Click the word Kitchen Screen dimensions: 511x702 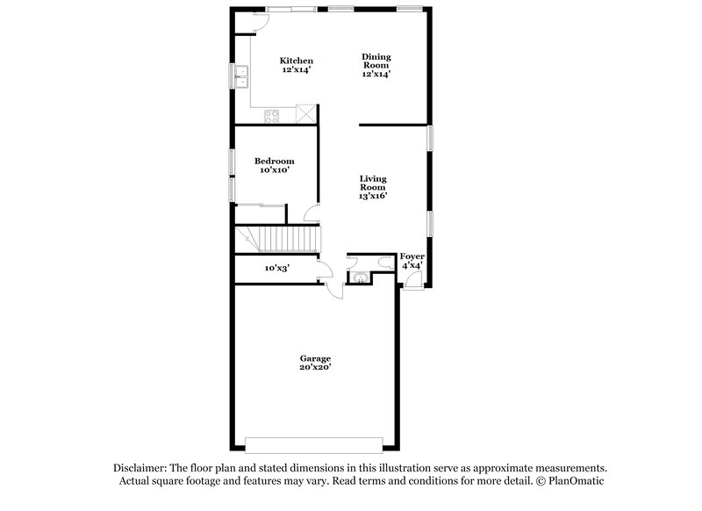(x=297, y=61)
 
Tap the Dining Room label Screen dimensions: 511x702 (x=376, y=65)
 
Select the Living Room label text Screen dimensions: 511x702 (x=373, y=187)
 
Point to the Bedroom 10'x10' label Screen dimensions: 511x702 (x=274, y=165)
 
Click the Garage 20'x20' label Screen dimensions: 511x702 (x=315, y=363)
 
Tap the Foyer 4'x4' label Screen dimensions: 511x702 (x=412, y=260)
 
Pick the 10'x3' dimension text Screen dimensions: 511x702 (x=277, y=269)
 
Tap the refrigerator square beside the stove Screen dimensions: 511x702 (x=304, y=114)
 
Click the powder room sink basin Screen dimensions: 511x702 (x=360, y=278)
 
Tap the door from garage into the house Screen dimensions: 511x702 (x=333, y=291)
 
